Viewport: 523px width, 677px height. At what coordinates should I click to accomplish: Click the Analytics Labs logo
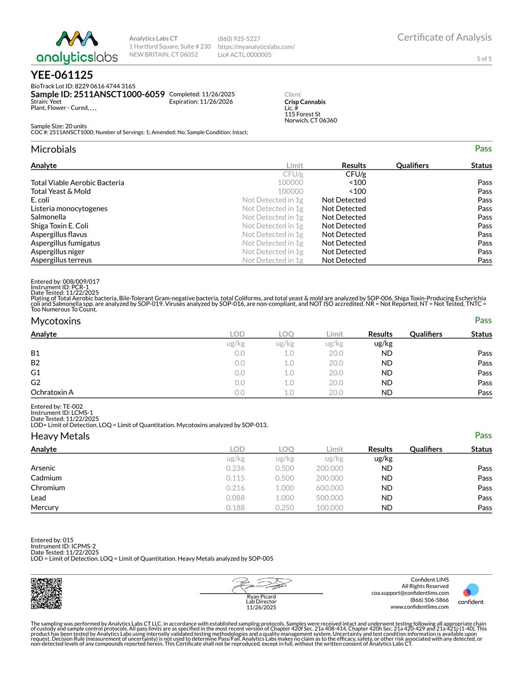point(77,48)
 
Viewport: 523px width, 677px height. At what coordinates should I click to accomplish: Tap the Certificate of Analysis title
point(444,37)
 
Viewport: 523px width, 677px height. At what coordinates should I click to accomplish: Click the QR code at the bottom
point(46,593)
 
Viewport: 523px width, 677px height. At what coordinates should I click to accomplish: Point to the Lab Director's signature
point(261,585)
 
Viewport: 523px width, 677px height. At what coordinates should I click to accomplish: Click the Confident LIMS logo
point(470,594)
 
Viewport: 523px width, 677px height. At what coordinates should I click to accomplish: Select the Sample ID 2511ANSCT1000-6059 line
point(98,95)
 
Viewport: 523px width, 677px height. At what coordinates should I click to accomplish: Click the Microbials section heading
point(53,149)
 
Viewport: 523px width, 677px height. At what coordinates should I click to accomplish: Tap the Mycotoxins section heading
point(56,321)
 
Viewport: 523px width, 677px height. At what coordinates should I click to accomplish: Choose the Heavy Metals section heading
point(60,436)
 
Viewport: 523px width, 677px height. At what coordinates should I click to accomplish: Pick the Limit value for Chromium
point(329,488)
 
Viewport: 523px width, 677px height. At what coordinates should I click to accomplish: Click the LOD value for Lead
point(235,498)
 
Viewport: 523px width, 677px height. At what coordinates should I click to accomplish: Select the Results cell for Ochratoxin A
point(387,392)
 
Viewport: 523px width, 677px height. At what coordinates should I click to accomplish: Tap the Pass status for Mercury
point(485,507)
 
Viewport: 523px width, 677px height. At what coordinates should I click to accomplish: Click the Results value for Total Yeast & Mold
point(358,191)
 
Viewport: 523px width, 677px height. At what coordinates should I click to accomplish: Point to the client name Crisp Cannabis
point(305,102)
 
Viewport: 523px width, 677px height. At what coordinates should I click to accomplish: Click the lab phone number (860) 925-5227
point(239,39)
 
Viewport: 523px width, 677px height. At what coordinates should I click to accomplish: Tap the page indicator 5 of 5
point(484,59)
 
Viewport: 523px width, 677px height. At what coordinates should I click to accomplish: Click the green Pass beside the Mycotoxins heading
point(483,320)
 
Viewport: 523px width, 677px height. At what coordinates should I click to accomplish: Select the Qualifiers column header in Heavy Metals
point(426,449)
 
